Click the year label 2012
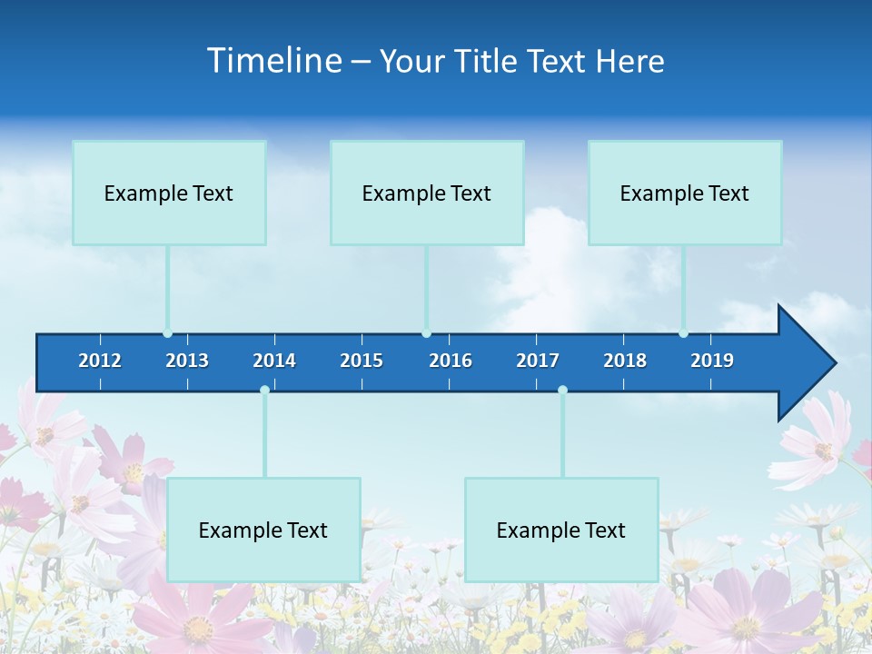click(100, 361)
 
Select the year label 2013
click(187, 361)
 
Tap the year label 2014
click(274, 361)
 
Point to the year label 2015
click(362, 361)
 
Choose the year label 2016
click(451, 361)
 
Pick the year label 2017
click(538, 361)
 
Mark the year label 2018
click(625, 361)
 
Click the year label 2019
click(712, 361)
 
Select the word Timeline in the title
click(274, 61)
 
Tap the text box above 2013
click(169, 193)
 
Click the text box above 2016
click(427, 193)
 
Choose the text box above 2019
click(685, 193)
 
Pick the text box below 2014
click(263, 530)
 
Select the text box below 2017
click(561, 530)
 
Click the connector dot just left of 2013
click(167, 333)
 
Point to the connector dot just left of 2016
click(426, 333)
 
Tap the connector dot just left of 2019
click(683, 333)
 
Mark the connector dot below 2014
click(264, 390)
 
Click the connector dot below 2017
click(562, 390)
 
